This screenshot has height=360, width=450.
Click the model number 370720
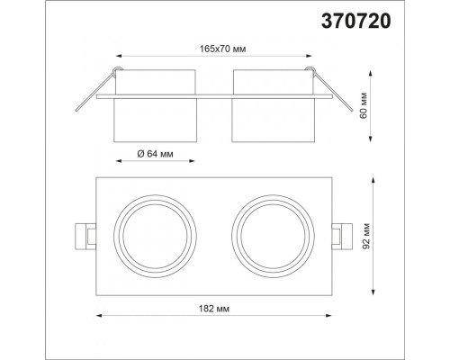pos(356,22)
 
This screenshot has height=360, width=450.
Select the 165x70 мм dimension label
pos(223,49)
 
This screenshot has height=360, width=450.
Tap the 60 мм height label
pos(364,106)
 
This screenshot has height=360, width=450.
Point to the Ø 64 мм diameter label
pos(155,154)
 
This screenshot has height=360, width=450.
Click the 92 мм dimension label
pos(365,236)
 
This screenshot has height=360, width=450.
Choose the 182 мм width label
pos(214,309)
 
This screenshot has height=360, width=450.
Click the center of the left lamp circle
pos(155,236)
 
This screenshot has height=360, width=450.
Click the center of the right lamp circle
pos(273,236)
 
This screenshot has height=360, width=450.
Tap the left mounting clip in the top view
pos(85,236)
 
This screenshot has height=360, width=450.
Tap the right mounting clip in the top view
pos(342,236)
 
